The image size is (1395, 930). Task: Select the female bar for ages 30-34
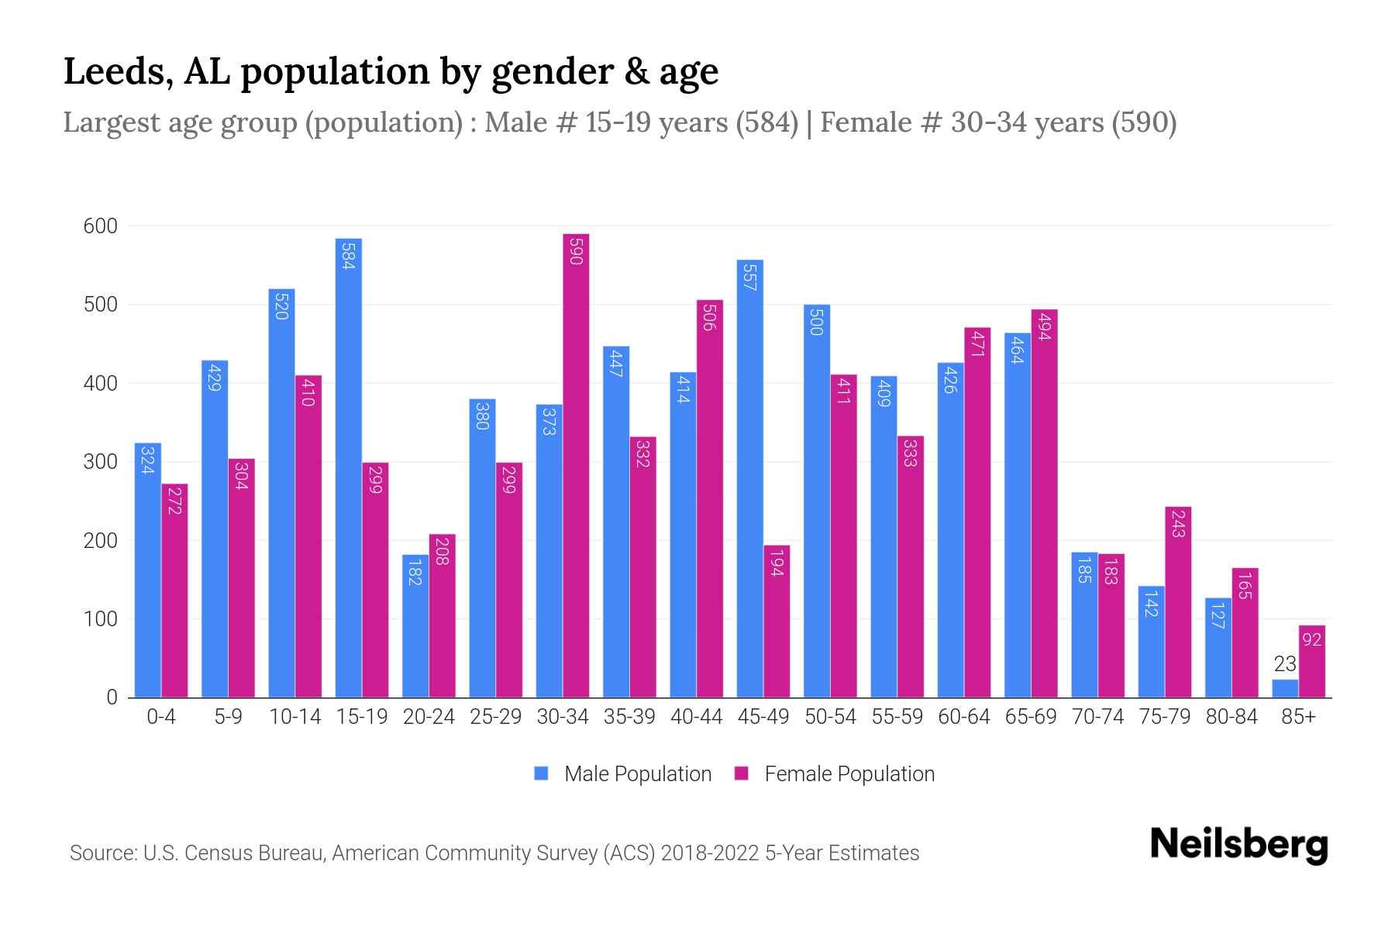tap(576, 465)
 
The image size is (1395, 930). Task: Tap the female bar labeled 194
tap(777, 621)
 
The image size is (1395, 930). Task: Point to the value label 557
tap(749, 277)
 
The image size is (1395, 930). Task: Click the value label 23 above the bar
tap(1285, 664)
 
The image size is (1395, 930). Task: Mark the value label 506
tap(709, 317)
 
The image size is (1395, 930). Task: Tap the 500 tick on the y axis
tap(101, 305)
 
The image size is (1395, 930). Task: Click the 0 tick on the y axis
tap(112, 697)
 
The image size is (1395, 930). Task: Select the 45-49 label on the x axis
tap(763, 717)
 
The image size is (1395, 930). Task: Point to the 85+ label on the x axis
tap(1298, 717)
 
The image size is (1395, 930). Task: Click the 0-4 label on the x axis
tap(161, 717)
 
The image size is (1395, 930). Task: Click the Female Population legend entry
tap(849, 774)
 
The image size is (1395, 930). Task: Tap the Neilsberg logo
tap(1238, 845)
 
